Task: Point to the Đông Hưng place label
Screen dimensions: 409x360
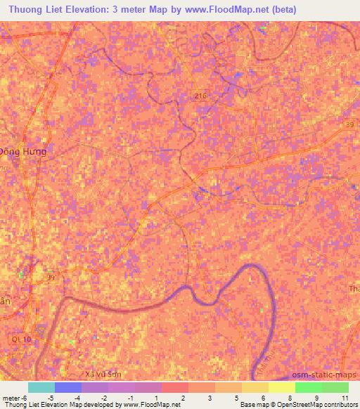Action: (22, 151)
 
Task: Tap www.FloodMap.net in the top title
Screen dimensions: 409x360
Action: (219, 9)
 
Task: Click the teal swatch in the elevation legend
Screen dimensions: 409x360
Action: (41, 387)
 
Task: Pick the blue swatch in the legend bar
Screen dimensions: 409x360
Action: (68, 387)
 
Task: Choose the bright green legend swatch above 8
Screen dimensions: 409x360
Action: (308, 387)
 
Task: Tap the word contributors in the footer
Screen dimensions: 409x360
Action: (339, 404)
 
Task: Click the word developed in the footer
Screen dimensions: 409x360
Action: (104, 404)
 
